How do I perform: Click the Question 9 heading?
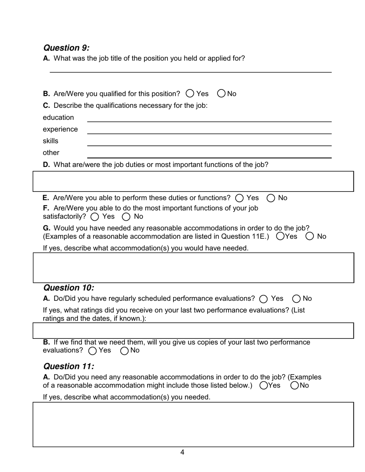(66, 48)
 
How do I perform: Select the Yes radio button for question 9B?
(190, 94)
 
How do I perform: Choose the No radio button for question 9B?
(221, 94)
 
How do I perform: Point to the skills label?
(50, 141)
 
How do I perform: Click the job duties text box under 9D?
(193, 182)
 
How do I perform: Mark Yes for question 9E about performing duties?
(239, 198)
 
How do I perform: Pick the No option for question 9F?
(126, 217)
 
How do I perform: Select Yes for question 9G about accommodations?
(280, 236)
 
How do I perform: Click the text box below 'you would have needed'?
(193, 268)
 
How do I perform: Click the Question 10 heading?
(68, 288)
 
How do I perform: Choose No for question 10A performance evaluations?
(296, 299)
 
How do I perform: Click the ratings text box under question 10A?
(193, 330)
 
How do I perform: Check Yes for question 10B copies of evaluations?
(93, 351)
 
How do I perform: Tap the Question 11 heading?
(68, 366)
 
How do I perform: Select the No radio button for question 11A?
(295, 386)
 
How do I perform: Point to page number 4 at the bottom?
(182, 452)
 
